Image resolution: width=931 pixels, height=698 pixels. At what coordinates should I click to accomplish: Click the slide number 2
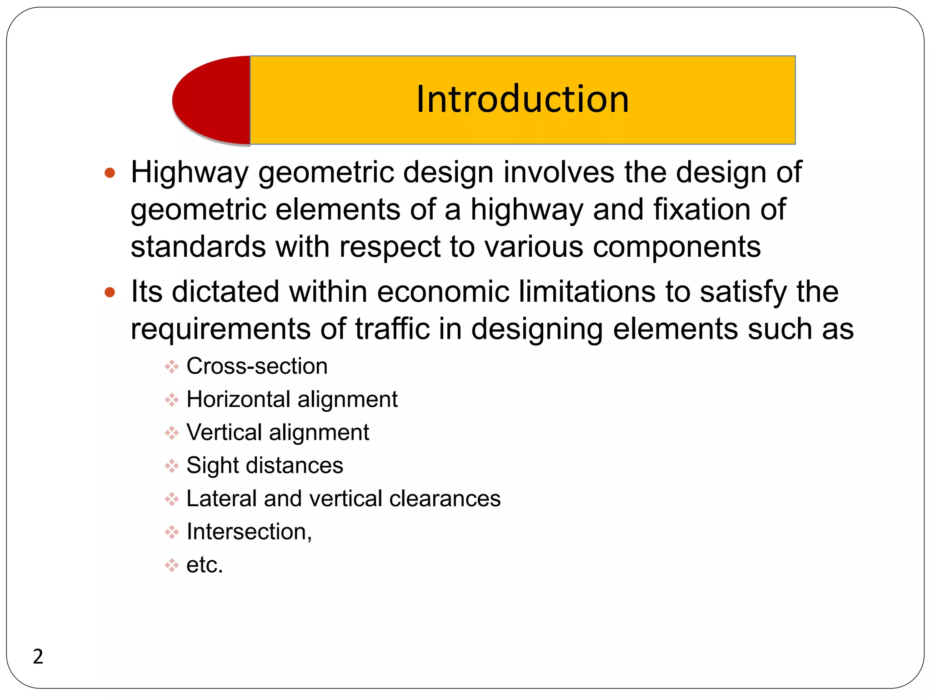(x=38, y=657)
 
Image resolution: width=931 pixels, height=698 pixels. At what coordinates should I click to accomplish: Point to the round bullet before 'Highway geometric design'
(x=110, y=173)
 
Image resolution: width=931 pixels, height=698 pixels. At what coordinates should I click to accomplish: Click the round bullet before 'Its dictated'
(x=110, y=292)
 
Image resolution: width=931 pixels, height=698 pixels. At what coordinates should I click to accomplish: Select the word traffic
(x=392, y=329)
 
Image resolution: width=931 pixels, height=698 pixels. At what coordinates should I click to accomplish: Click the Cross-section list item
(x=257, y=366)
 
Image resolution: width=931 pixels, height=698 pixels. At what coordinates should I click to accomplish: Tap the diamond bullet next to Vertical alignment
(x=172, y=433)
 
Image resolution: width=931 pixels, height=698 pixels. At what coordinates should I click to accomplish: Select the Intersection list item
(x=249, y=532)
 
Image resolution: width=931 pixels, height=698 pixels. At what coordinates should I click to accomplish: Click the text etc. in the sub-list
(x=205, y=565)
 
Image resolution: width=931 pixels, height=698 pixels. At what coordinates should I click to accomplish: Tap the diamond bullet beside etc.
(x=172, y=565)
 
